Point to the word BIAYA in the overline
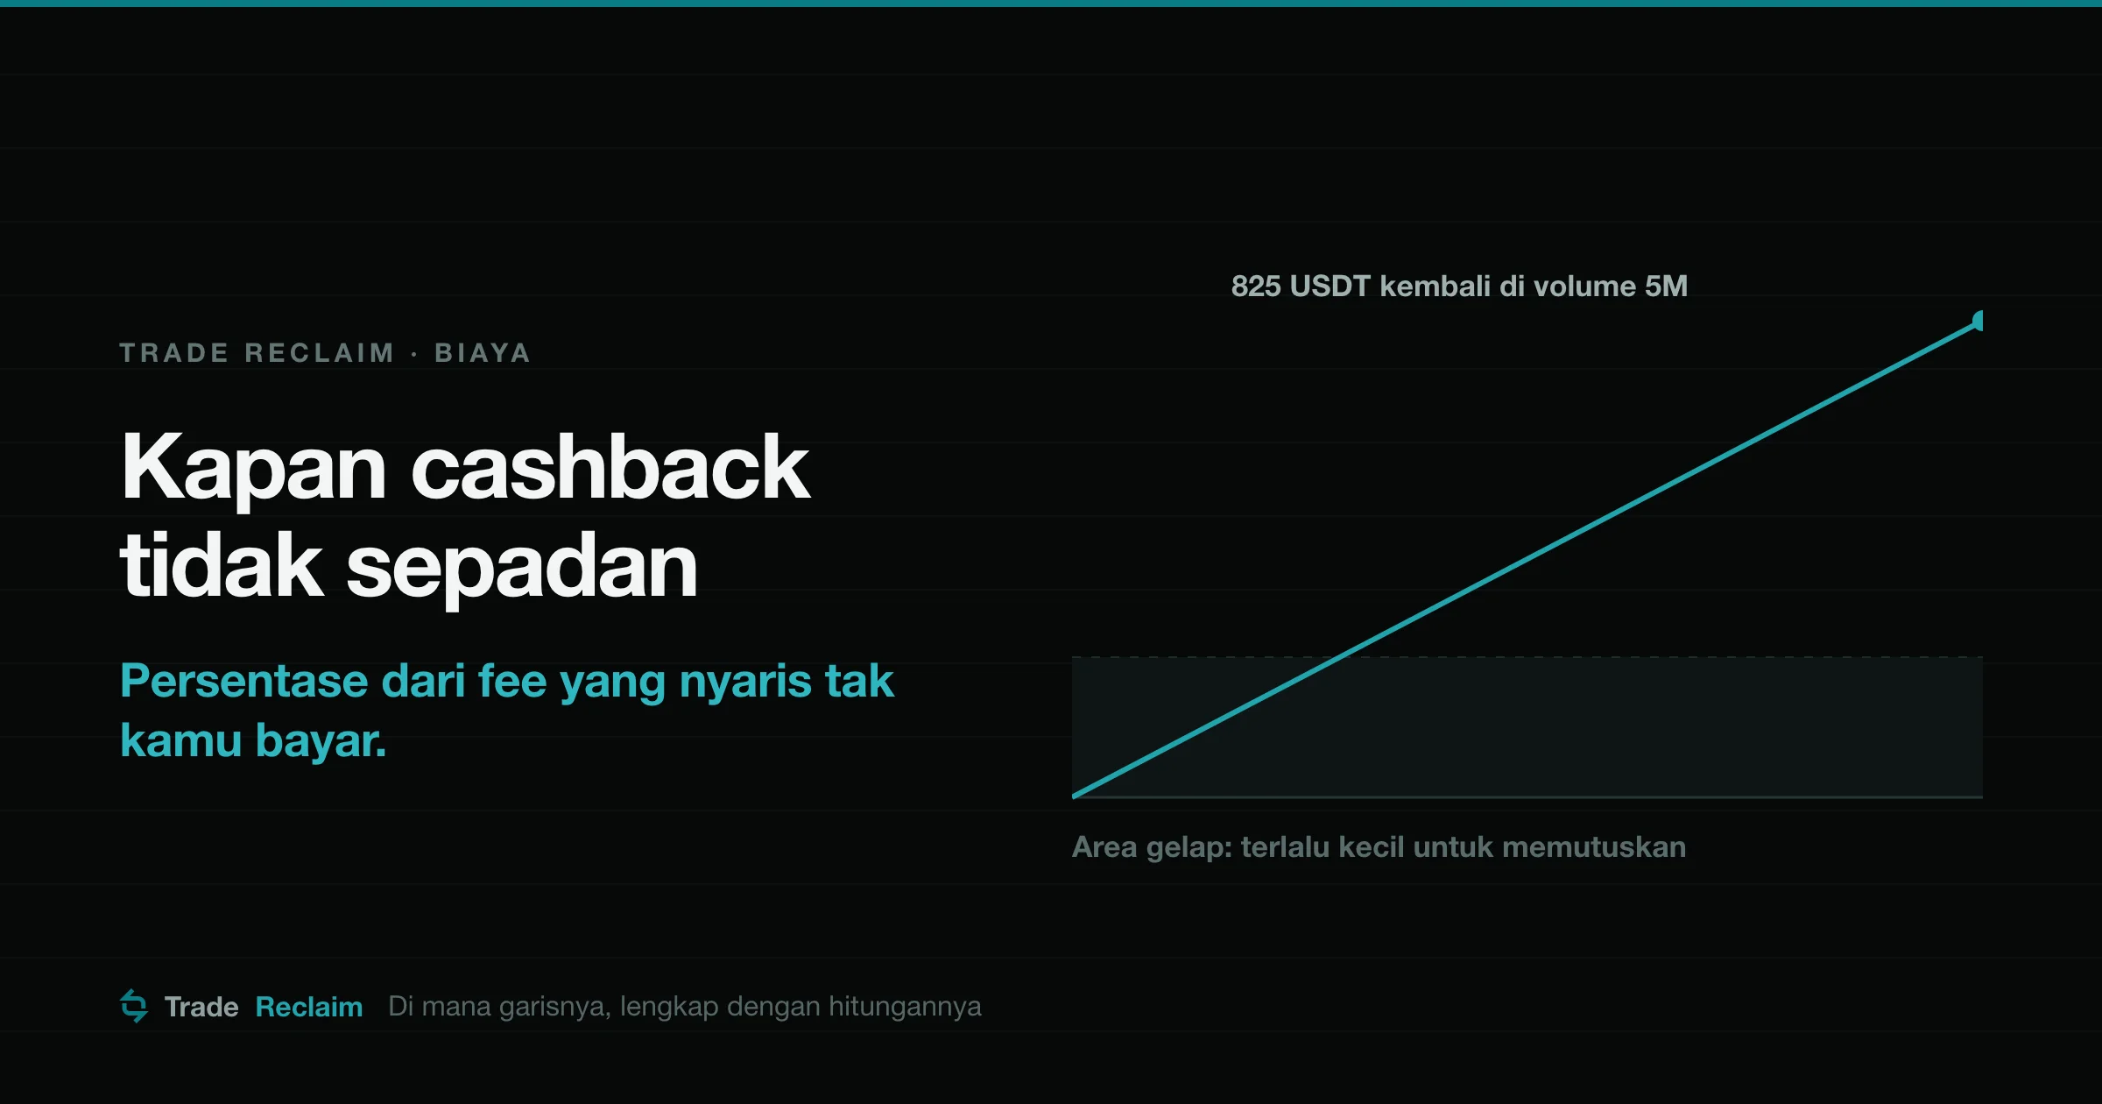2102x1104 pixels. [483, 353]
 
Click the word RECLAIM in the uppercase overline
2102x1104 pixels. [320, 353]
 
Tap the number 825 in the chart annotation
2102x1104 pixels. [1256, 287]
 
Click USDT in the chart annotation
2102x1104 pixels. [1330, 287]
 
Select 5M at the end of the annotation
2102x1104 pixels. [1666, 287]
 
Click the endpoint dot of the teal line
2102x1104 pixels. [1977, 322]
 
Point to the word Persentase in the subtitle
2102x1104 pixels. [244, 681]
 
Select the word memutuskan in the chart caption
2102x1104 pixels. [1594, 847]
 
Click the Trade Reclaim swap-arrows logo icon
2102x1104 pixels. [134, 1006]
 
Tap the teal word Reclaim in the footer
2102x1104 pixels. [309, 1008]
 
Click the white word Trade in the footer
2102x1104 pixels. [201, 1008]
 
